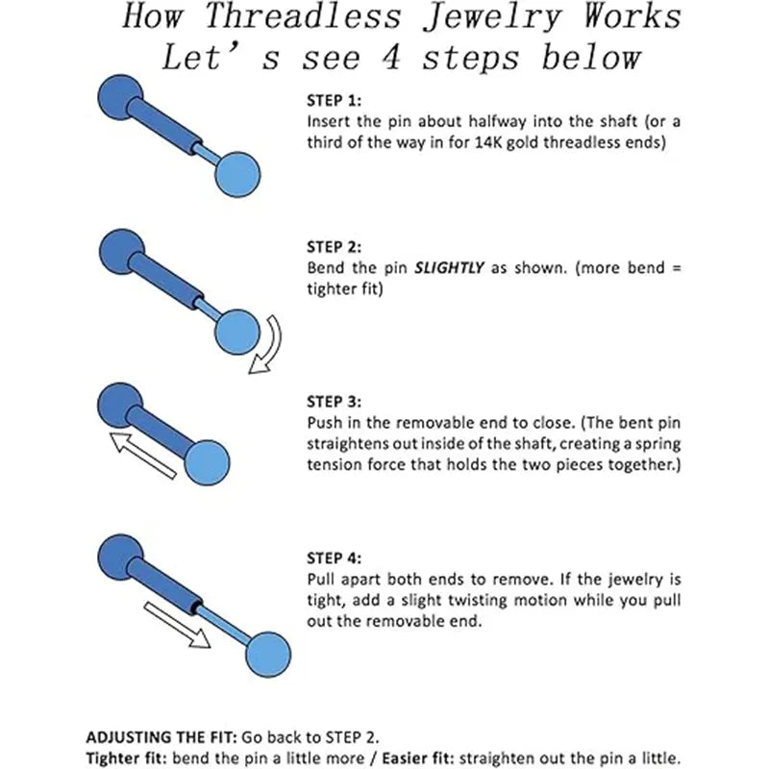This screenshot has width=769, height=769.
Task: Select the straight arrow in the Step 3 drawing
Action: tap(144, 455)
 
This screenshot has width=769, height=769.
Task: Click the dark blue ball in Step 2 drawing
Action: tap(119, 248)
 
